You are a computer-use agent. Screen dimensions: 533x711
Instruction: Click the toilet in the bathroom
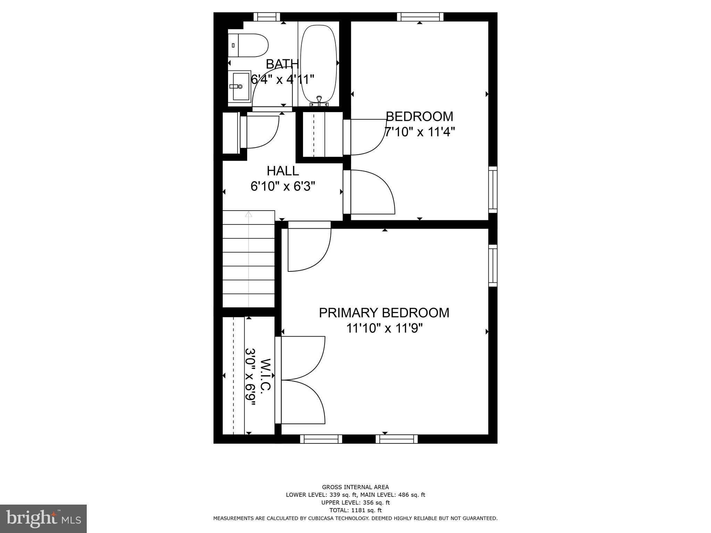tap(249, 45)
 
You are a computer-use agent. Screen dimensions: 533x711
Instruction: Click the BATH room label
tap(282, 64)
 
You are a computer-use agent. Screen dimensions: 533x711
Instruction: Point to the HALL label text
tap(283, 171)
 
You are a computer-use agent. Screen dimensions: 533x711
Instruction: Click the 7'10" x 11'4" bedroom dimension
tap(419, 132)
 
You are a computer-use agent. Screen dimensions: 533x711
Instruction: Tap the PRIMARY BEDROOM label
tap(384, 313)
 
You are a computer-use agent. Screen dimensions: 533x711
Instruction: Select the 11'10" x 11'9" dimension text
tap(384, 328)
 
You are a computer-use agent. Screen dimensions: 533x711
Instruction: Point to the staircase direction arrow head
tap(249, 214)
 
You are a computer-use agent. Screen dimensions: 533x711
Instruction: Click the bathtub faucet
tap(319, 101)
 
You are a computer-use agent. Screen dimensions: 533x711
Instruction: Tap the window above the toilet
tap(267, 17)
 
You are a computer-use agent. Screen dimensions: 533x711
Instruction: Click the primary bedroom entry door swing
tap(309, 248)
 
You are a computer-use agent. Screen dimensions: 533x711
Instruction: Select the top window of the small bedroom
tap(420, 17)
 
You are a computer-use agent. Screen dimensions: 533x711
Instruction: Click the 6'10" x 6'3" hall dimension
tap(283, 187)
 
